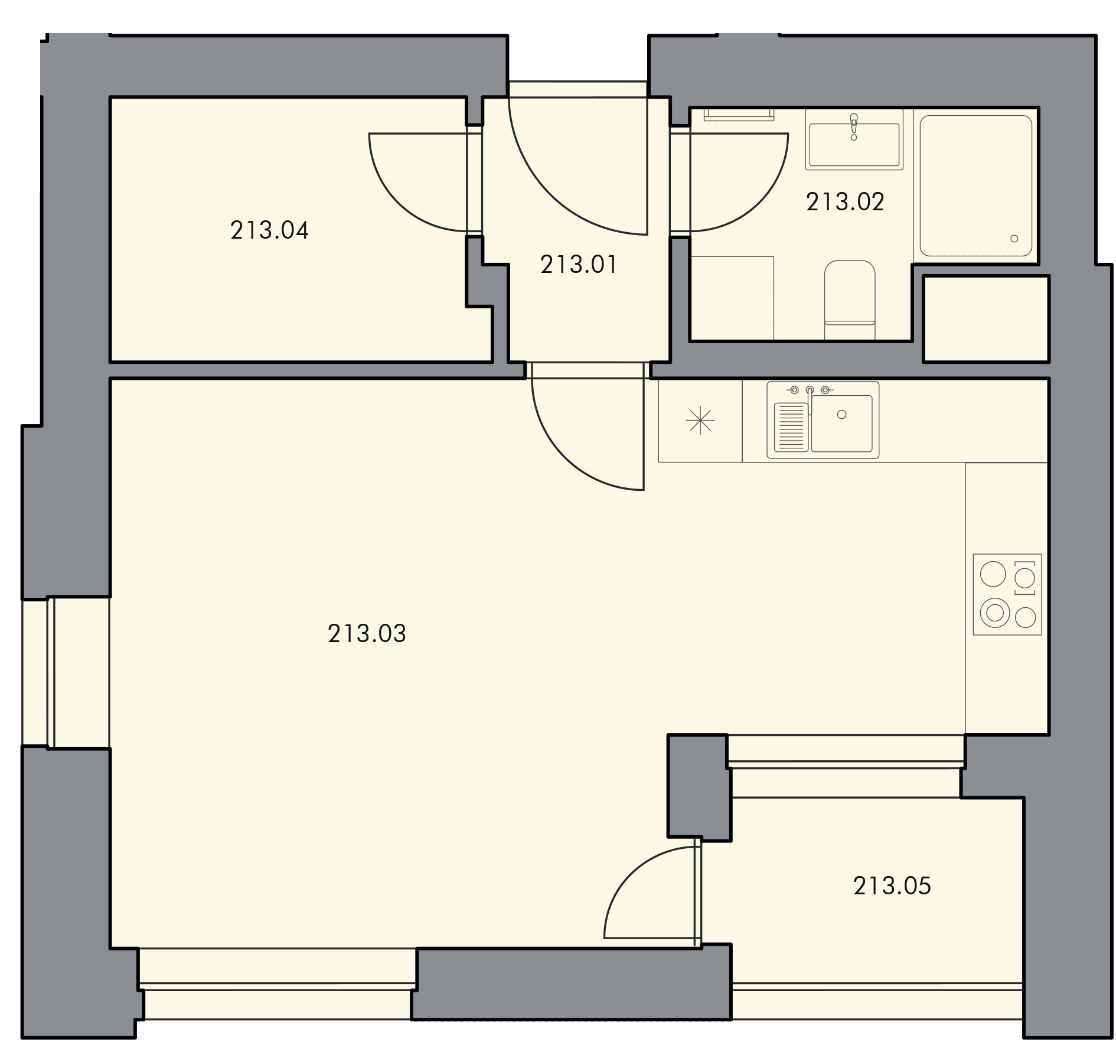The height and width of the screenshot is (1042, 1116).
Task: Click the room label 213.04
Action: [x=269, y=230]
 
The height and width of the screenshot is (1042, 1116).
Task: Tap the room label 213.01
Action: [x=579, y=265]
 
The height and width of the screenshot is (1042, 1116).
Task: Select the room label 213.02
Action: [x=845, y=203]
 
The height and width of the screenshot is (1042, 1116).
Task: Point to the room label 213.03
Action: [x=367, y=634]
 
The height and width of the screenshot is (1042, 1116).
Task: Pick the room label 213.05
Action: [x=892, y=886]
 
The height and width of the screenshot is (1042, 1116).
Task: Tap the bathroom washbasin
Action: [x=854, y=145]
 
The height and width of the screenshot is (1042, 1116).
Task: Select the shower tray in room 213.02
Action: [x=975, y=185]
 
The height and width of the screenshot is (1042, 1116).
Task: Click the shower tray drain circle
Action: [x=1014, y=239]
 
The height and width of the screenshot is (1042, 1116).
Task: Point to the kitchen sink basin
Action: [x=842, y=424]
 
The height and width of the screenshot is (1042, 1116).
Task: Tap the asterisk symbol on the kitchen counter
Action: [x=700, y=421]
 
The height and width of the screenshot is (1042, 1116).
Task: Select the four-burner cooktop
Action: [x=1007, y=594]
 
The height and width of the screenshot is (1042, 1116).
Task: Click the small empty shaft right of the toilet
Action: [x=986, y=319]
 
